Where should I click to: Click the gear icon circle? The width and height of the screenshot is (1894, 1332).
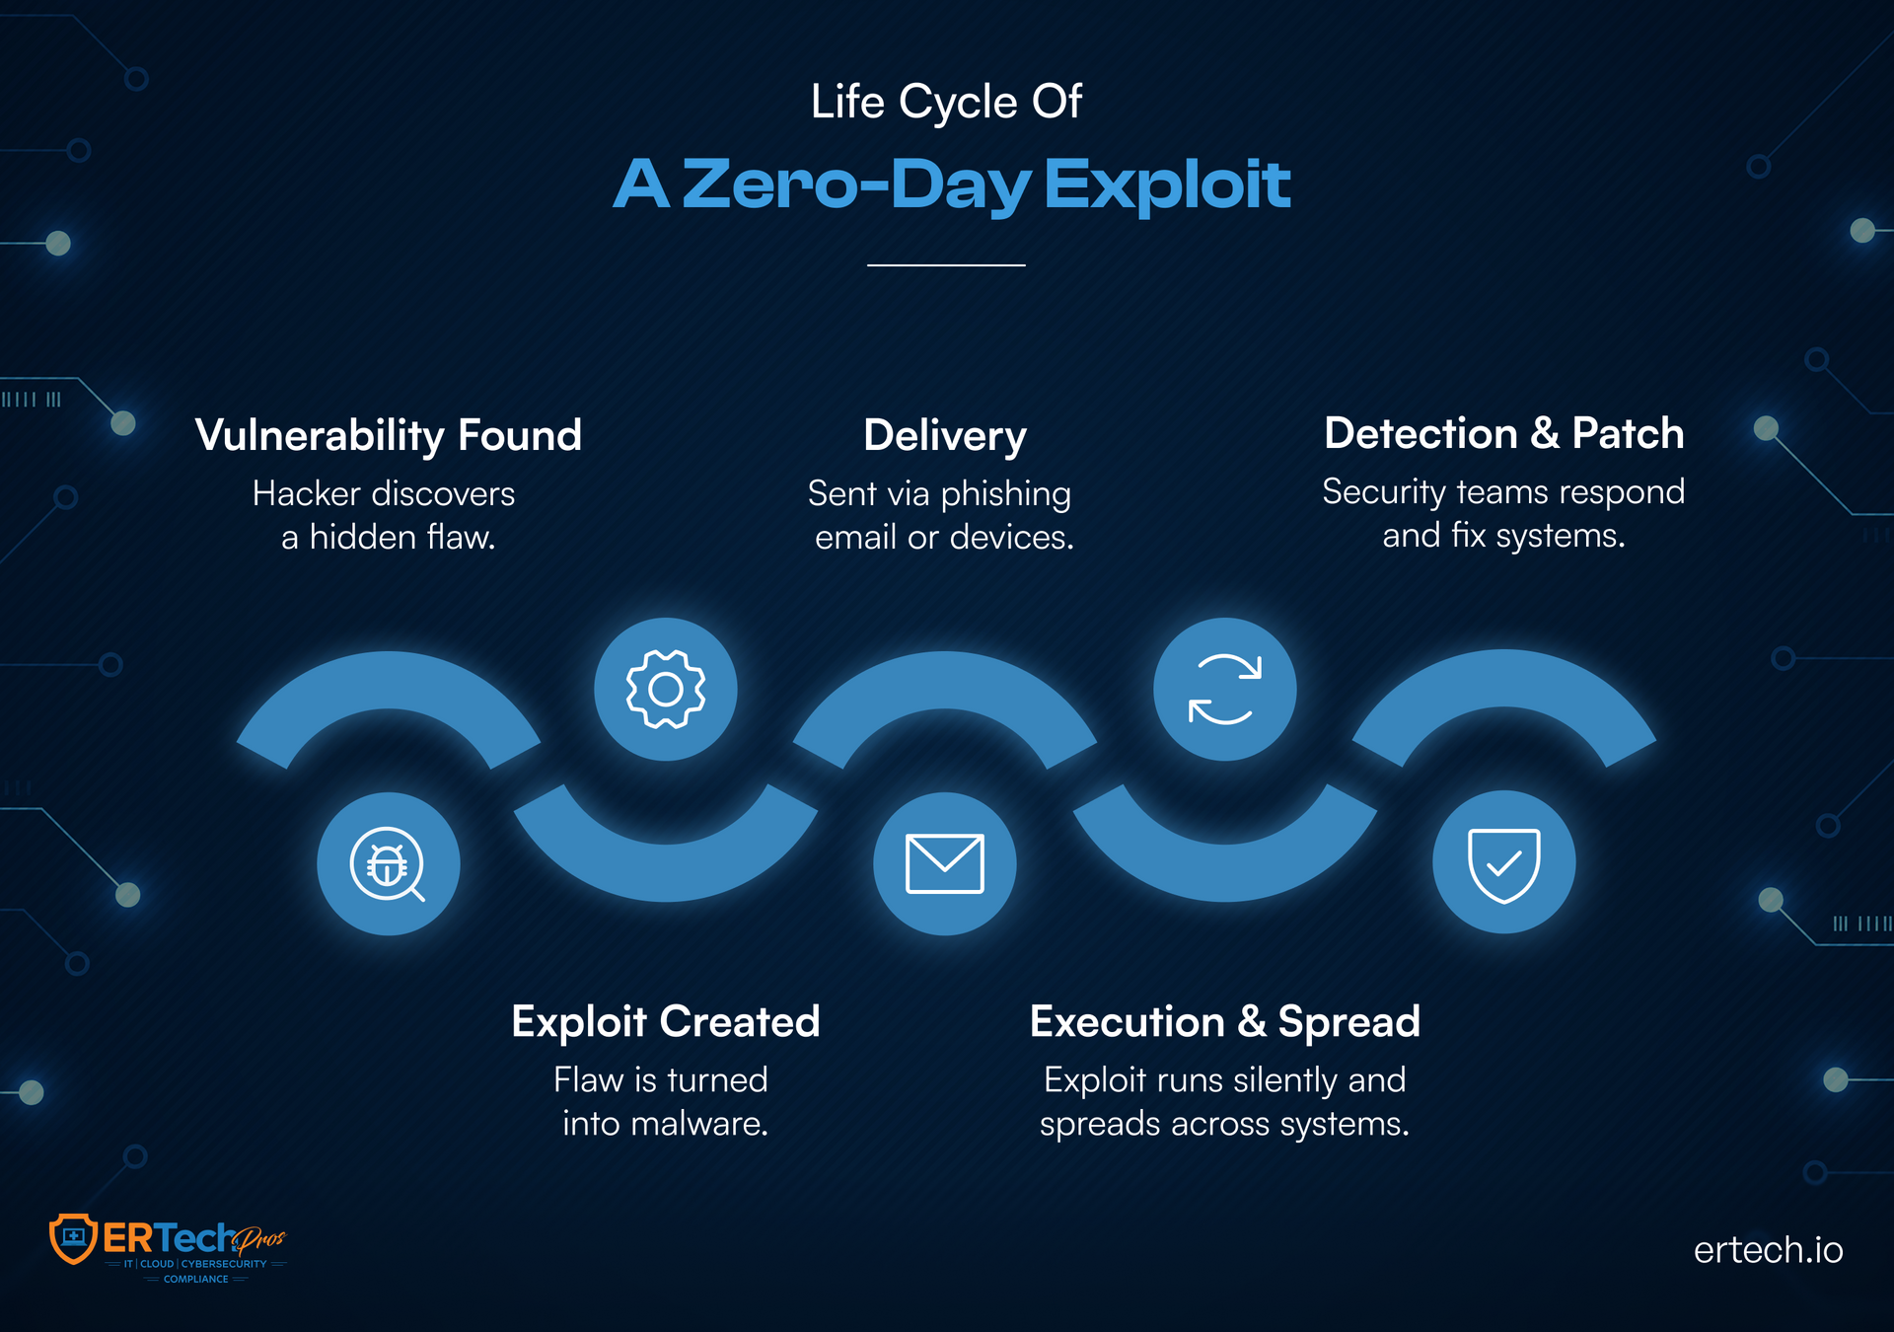tap(666, 689)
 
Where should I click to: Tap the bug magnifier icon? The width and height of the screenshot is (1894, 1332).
tap(388, 863)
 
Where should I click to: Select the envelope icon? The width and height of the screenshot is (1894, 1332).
tap(944, 863)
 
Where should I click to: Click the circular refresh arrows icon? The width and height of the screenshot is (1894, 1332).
tap(1224, 689)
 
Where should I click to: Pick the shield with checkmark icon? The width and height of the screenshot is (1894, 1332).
tap(1503, 863)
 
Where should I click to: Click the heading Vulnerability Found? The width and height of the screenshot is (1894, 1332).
tap(389, 435)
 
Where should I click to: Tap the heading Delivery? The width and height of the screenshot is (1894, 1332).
tap(945, 435)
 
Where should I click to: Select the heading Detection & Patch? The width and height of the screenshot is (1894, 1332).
tap(1503, 433)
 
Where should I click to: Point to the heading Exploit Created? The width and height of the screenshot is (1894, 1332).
tap(666, 1021)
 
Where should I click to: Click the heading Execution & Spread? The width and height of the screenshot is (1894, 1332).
tap(1224, 1021)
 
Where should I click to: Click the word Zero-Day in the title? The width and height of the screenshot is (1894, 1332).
tap(856, 185)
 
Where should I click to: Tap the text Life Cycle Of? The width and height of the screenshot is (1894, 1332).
tap(946, 102)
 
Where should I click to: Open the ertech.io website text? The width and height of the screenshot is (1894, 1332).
tap(1768, 1250)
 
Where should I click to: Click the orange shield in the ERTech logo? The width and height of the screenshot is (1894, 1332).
tap(73, 1238)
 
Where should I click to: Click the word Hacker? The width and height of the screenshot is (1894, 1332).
tap(306, 493)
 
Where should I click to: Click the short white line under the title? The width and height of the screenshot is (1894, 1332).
tap(946, 264)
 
